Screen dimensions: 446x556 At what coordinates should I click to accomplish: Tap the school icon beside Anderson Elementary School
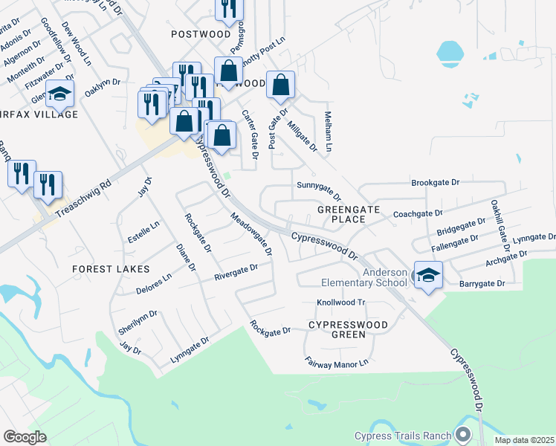[428, 276]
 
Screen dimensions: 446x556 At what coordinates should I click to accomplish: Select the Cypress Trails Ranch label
[404, 436]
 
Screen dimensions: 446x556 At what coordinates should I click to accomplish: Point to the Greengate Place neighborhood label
[341, 214]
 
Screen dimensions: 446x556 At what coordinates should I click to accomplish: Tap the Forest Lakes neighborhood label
[111, 268]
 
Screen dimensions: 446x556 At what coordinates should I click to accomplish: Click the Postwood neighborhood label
[201, 34]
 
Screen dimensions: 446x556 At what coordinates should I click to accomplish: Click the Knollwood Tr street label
[342, 303]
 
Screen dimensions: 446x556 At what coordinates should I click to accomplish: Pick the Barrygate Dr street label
[482, 284]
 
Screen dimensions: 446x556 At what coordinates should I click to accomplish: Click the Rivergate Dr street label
[236, 272]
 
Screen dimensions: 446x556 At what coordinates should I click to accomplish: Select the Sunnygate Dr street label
[318, 190]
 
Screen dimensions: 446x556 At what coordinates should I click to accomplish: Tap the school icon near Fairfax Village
[59, 94]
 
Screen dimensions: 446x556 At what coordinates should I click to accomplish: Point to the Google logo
[25, 437]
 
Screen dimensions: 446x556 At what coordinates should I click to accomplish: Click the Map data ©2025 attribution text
[524, 440]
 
